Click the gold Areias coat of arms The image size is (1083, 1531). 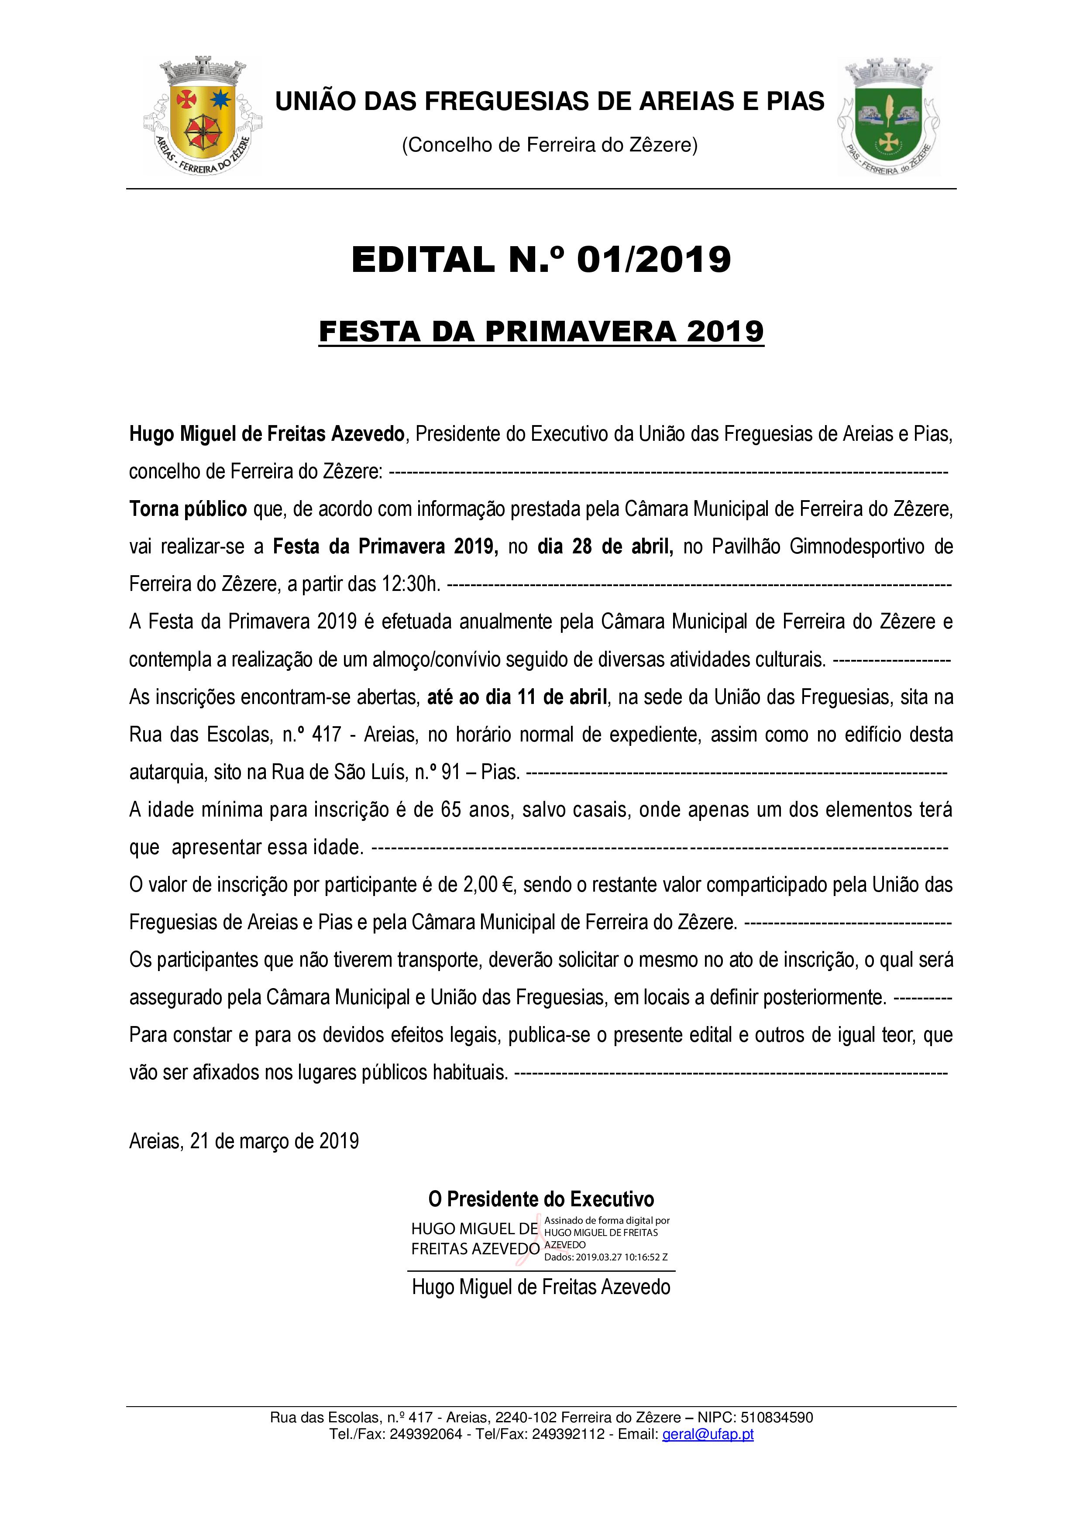203,116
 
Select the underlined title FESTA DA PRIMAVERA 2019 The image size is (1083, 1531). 541,331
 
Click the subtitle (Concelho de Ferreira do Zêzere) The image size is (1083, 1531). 550,145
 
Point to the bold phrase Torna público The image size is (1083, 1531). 188,509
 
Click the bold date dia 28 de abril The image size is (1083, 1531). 605,547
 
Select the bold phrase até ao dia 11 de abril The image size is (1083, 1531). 517,697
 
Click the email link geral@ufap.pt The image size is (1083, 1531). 708,1434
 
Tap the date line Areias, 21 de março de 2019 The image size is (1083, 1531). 244,1141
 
